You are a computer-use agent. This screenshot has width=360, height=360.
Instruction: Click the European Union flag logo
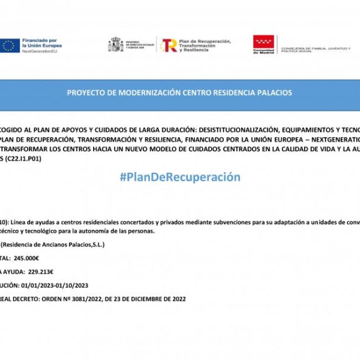(x=10, y=46)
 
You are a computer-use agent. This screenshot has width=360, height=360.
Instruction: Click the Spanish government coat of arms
(x=116, y=45)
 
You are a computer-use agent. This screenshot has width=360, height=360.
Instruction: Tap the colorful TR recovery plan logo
(x=168, y=45)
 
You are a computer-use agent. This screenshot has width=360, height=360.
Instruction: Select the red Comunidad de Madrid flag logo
(x=263, y=43)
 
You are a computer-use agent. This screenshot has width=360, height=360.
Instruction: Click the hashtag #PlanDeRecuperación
(x=180, y=177)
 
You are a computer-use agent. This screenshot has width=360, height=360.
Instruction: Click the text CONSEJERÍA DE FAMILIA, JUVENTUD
(x=316, y=48)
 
